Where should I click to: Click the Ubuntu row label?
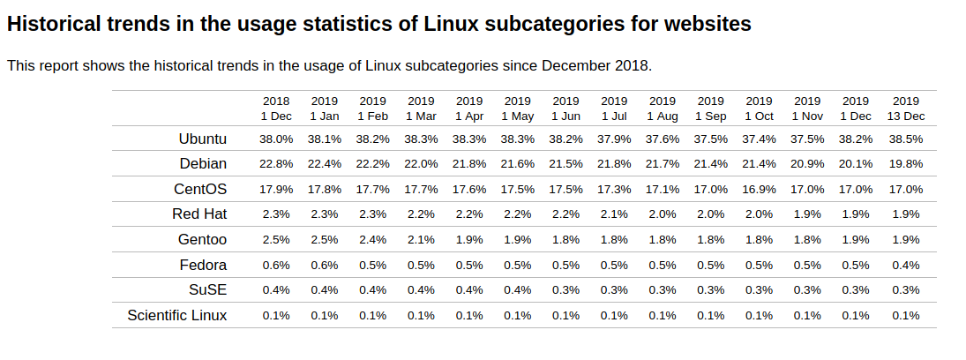tap(202, 139)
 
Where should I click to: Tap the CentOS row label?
tap(200, 189)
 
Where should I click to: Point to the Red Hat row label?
tap(199, 214)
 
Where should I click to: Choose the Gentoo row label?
tap(201, 240)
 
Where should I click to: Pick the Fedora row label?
tap(202, 265)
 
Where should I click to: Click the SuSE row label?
tap(207, 290)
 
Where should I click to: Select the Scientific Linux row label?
tap(176, 315)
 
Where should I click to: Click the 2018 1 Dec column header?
tap(276, 109)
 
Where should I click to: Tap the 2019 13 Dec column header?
tap(906, 109)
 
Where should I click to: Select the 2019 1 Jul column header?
tap(614, 109)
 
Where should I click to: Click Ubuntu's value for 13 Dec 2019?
tap(906, 139)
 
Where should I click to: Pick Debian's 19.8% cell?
tap(906, 164)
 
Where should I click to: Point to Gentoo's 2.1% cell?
tap(421, 240)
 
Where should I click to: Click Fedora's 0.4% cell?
tap(906, 265)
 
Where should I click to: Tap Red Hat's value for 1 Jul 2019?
tap(614, 214)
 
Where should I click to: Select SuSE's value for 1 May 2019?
tap(517, 290)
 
